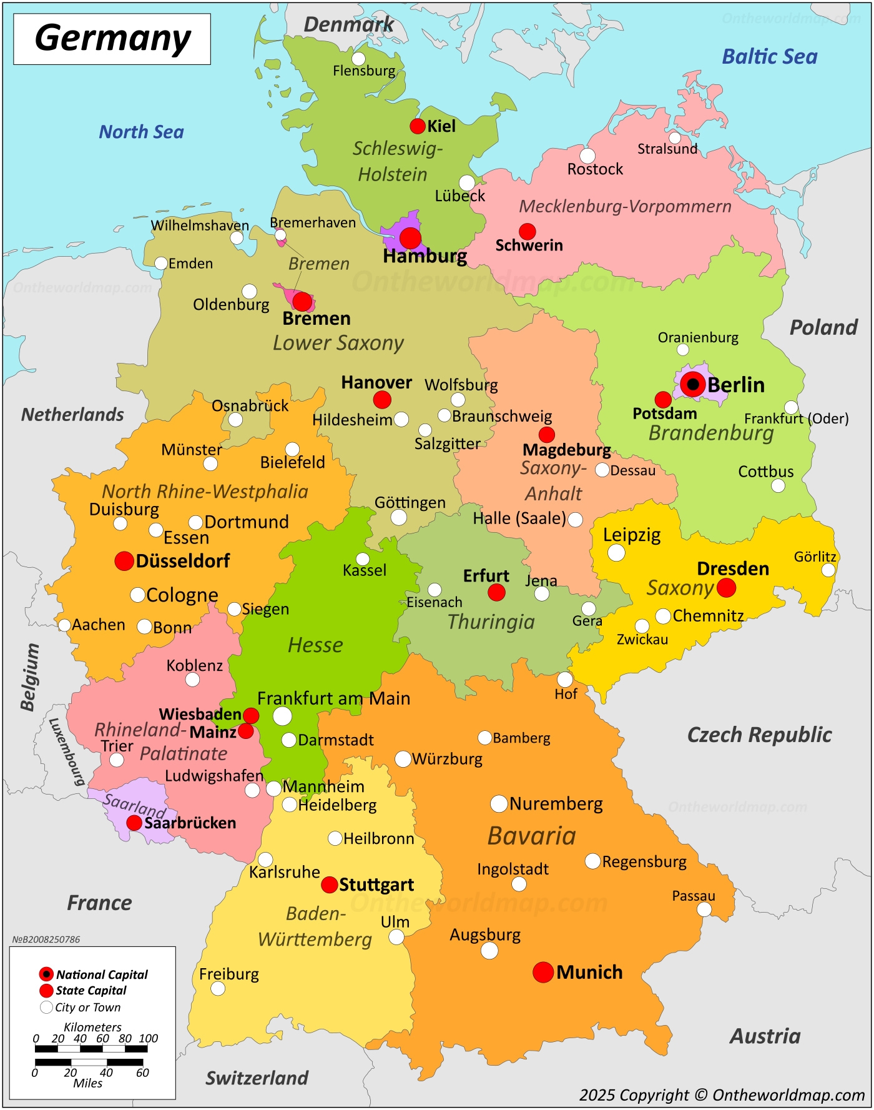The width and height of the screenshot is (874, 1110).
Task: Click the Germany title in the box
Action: (112, 38)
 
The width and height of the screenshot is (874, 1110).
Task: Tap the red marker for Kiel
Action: (418, 126)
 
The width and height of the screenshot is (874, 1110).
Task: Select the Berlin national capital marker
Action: (692, 384)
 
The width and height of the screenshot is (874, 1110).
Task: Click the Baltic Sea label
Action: (769, 57)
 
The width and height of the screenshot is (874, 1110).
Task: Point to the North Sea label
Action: (141, 132)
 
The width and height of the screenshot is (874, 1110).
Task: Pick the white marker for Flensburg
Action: (358, 59)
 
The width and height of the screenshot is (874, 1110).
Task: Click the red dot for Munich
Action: (543, 972)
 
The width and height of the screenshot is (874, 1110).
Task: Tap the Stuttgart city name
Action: (376, 885)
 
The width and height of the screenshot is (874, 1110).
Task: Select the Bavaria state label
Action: (531, 836)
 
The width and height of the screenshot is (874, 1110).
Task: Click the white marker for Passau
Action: (704, 909)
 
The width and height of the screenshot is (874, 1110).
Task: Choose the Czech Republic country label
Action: (759, 735)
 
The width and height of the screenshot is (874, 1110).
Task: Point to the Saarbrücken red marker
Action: (134, 823)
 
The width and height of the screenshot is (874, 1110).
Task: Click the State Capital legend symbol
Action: (46, 991)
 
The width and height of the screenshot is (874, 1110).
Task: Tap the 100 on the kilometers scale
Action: (149, 1038)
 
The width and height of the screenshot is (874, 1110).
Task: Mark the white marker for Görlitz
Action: (828, 570)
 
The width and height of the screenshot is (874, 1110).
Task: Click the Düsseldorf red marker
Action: (124, 561)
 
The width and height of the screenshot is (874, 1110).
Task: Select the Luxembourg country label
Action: (67, 751)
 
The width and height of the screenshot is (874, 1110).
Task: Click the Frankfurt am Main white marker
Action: (282, 716)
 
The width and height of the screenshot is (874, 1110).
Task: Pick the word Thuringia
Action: (491, 622)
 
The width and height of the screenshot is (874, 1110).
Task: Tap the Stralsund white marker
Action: (675, 137)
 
